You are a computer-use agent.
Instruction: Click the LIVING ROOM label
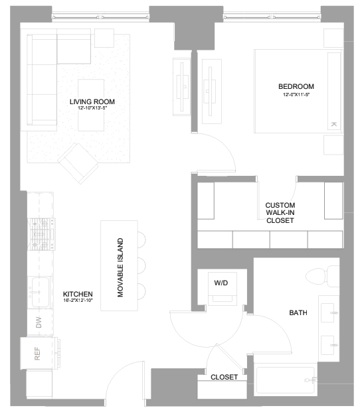92,102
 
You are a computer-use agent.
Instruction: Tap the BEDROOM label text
296,86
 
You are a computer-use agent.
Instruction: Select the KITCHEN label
78,294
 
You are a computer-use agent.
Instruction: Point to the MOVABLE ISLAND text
120,267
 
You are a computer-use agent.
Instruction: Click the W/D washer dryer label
221,283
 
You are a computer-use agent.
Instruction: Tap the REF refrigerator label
37,354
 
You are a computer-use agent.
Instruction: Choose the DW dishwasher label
39,322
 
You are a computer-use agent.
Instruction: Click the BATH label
298,312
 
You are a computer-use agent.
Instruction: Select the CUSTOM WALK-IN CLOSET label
280,213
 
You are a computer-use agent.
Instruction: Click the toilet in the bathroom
322,276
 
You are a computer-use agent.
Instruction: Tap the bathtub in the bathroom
286,381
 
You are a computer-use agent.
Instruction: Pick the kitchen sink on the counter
41,292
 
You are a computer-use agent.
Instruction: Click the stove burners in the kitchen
41,234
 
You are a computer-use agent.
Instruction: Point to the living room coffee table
91,105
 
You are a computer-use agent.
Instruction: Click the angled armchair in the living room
78,163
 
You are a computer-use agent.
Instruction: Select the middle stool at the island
141,265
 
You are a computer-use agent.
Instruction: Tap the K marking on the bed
333,124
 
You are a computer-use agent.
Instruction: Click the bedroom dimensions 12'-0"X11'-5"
296,94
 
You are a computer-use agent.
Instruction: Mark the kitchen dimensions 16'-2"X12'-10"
78,301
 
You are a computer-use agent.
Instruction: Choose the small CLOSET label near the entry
224,377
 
